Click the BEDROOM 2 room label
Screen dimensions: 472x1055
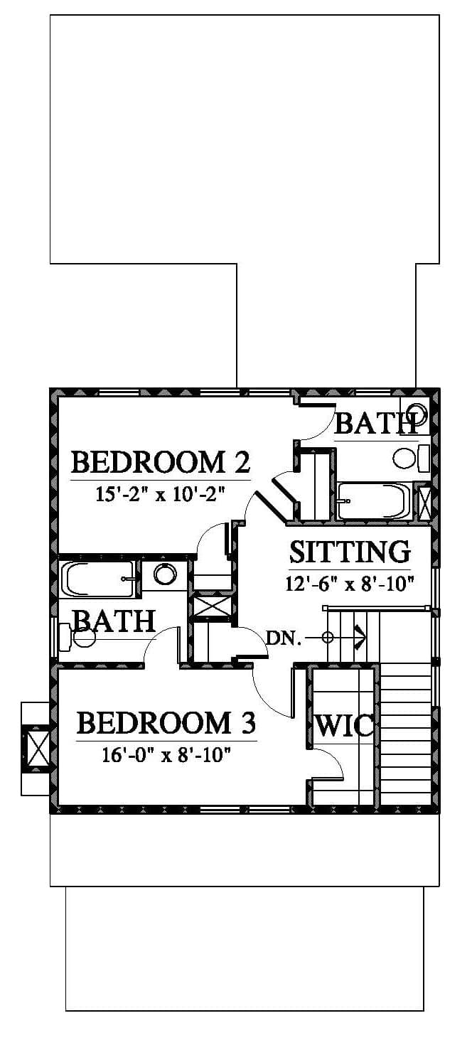(x=160, y=462)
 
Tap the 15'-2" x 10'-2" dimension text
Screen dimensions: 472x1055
(x=159, y=495)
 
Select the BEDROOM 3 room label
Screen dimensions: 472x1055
(x=166, y=723)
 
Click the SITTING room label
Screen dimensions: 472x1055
(x=350, y=552)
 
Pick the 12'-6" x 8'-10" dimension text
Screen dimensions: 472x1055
(x=350, y=584)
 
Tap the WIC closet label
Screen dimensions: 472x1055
(x=344, y=726)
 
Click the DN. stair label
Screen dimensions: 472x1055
(x=284, y=638)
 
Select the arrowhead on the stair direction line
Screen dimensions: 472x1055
(x=360, y=638)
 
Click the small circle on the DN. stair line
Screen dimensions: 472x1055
(x=328, y=638)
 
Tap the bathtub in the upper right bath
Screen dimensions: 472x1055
(x=375, y=500)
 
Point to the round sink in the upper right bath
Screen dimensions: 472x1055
(x=416, y=413)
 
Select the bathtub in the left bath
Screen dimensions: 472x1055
(x=98, y=579)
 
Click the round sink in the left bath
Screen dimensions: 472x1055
(x=165, y=574)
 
